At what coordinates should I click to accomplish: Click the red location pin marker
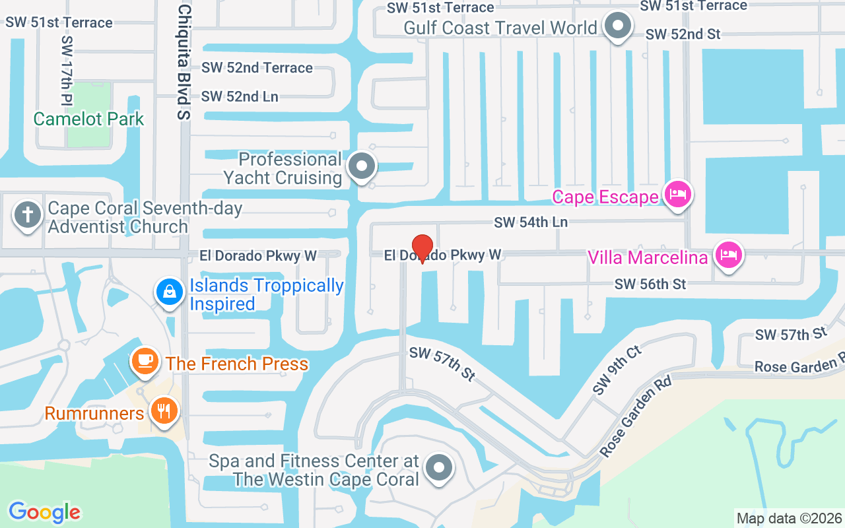click(422, 248)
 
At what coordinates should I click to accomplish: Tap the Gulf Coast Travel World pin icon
click(618, 26)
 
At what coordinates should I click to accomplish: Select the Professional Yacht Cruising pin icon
click(362, 167)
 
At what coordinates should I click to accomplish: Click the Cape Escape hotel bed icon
click(678, 195)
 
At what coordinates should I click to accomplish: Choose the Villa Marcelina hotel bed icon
click(728, 255)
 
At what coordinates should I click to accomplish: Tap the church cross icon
click(28, 216)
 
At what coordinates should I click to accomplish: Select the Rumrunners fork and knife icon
click(163, 412)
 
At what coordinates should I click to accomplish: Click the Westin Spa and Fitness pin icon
click(438, 469)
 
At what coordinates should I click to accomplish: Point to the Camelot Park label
click(88, 119)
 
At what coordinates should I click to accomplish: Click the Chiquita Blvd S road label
click(184, 62)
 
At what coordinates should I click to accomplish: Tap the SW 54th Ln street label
click(531, 222)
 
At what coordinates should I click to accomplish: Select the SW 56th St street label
click(650, 284)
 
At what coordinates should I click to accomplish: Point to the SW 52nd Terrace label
click(257, 67)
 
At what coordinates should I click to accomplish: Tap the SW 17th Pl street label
click(67, 70)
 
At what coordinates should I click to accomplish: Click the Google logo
click(44, 512)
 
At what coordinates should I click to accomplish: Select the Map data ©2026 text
click(789, 518)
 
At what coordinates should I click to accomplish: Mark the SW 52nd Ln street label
click(240, 96)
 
